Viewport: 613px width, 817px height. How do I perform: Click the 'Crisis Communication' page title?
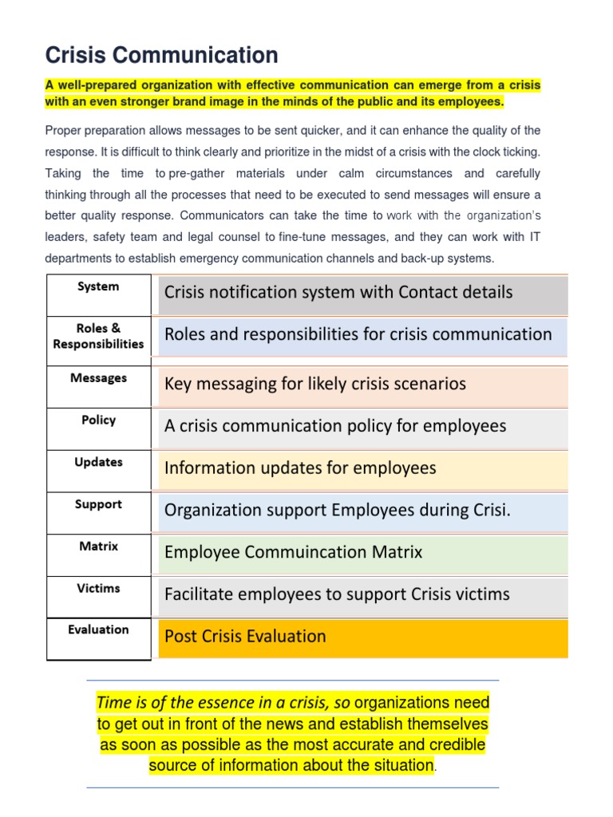tap(162, 55)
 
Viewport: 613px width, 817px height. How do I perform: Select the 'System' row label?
tap(98, 286)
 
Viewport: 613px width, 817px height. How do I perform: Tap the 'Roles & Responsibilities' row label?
tap(98, 336)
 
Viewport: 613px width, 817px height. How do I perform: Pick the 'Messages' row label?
tap(98, 378)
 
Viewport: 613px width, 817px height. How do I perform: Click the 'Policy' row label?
tap(98, 420)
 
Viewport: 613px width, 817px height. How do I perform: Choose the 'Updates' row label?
tap(98, 462)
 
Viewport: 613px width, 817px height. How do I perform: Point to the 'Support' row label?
tap(98, 504)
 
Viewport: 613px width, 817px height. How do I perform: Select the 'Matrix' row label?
tap(98, 547)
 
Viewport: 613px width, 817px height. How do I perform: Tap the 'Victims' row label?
tap(98, 588)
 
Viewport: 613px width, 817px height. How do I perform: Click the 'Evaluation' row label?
tap(98, 630)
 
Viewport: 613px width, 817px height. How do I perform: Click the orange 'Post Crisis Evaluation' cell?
tap(363, 637)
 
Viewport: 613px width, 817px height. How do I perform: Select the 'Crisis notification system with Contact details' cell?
tap(363, 293)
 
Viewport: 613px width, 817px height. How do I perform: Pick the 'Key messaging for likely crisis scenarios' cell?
tap(363, 384)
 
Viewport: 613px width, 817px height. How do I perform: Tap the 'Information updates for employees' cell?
tap(363, 468)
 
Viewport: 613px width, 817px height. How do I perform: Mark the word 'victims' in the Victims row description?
tap(481, 594)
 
